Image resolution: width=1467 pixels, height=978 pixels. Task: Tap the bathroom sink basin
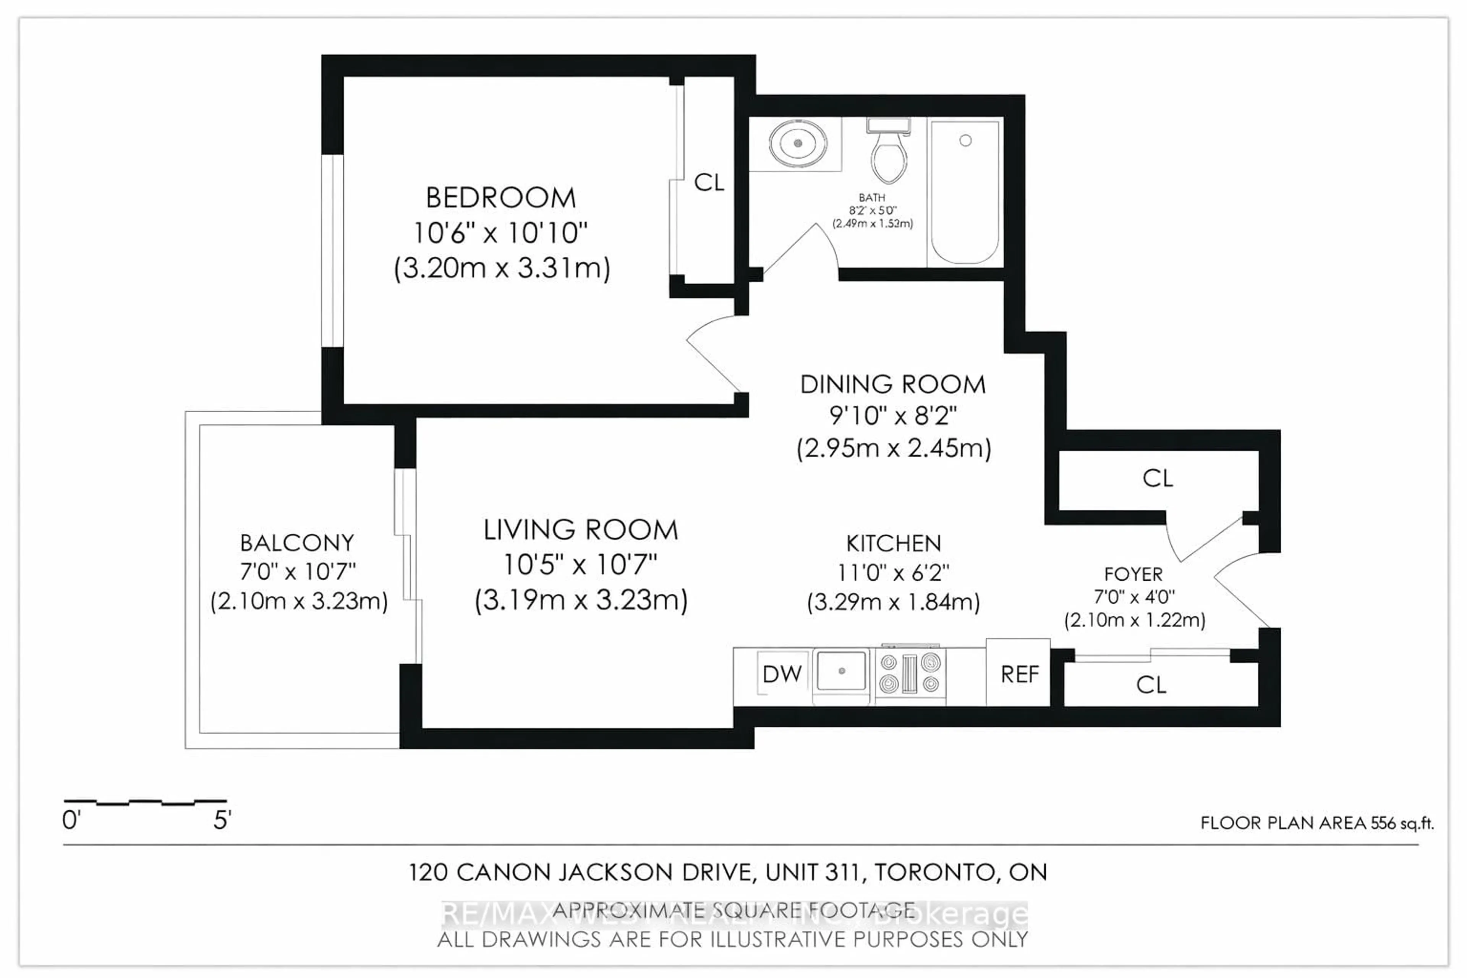[798, 144]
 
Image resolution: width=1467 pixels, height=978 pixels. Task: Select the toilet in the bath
[889, 156]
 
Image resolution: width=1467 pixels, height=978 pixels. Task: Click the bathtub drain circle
[965, 140]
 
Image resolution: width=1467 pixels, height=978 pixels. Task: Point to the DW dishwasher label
[782, 674]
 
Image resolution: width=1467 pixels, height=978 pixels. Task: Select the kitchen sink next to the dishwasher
[841, 671]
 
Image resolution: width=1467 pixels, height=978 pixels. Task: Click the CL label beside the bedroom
[709, 183]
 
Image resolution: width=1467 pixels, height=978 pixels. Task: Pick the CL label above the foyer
[1158, 478]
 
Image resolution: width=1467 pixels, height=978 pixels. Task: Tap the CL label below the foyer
[1151, 685]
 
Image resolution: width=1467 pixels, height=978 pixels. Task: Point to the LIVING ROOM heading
[581, 530]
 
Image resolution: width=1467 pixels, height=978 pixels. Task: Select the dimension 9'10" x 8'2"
[893, 415]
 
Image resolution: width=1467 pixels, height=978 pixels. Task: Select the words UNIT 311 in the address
[814, 872]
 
